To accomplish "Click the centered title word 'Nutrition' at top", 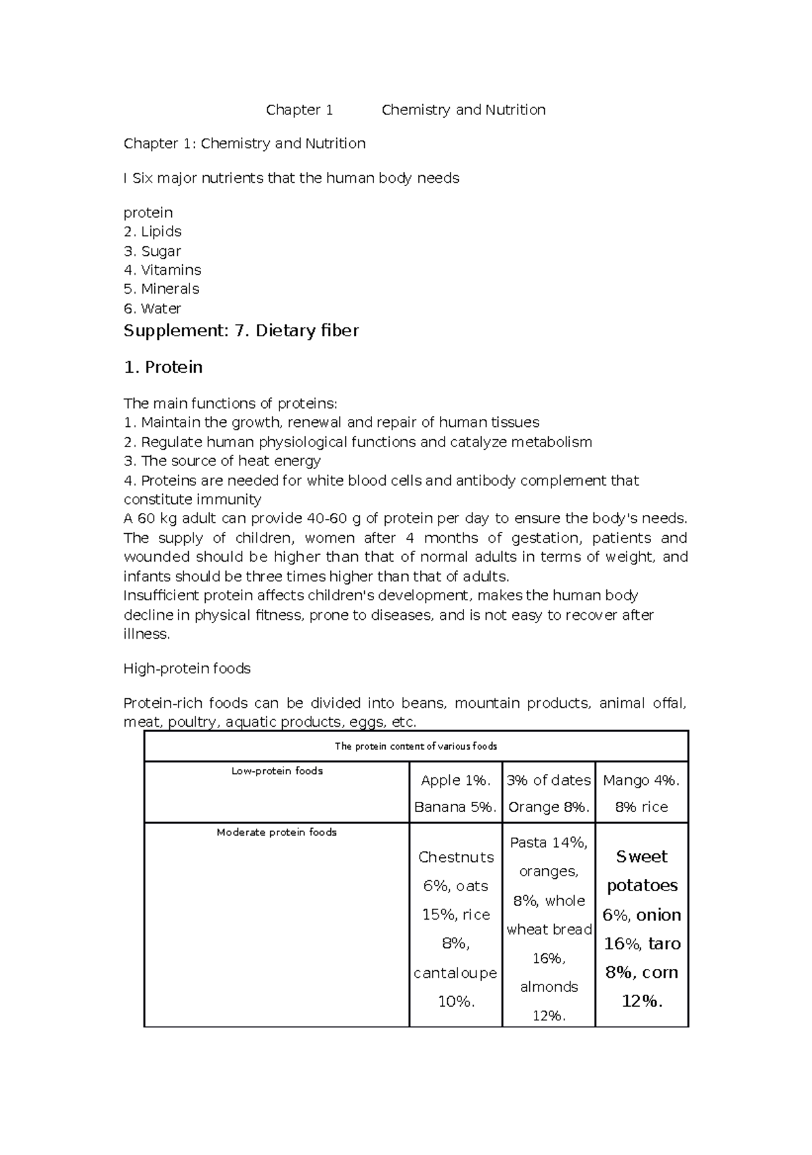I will (515, 110).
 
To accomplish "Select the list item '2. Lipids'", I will (152, 231).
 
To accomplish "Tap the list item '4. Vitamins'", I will (162, 270).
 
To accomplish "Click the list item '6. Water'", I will (152, 309).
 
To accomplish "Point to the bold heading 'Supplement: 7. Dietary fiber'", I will (241, 331).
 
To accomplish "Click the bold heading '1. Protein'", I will (163, 367).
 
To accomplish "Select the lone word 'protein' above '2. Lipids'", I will (148, 212).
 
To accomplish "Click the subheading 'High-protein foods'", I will (187, 669).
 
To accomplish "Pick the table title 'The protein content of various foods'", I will (416, 746).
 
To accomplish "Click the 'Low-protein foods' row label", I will (277, 771).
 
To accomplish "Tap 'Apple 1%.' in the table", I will (455, 780).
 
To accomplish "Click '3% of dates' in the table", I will (549, 780).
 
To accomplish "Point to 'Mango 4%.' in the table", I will (641, 780).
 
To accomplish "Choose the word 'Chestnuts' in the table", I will (456, 857).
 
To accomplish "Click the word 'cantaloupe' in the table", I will (455, 973).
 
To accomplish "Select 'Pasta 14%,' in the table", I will (549, 842).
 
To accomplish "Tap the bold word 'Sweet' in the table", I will (641, 857).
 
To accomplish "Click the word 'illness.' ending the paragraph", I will (147, 634).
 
